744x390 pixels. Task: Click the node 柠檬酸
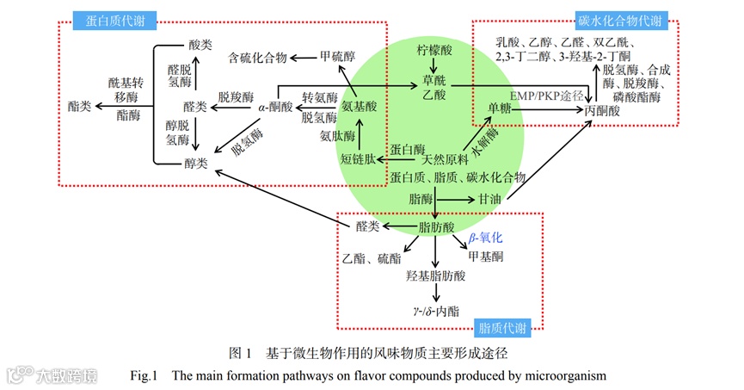point(433,43)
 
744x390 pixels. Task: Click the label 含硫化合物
point(256,58)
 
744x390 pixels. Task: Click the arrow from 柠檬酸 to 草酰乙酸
point(433,62)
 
